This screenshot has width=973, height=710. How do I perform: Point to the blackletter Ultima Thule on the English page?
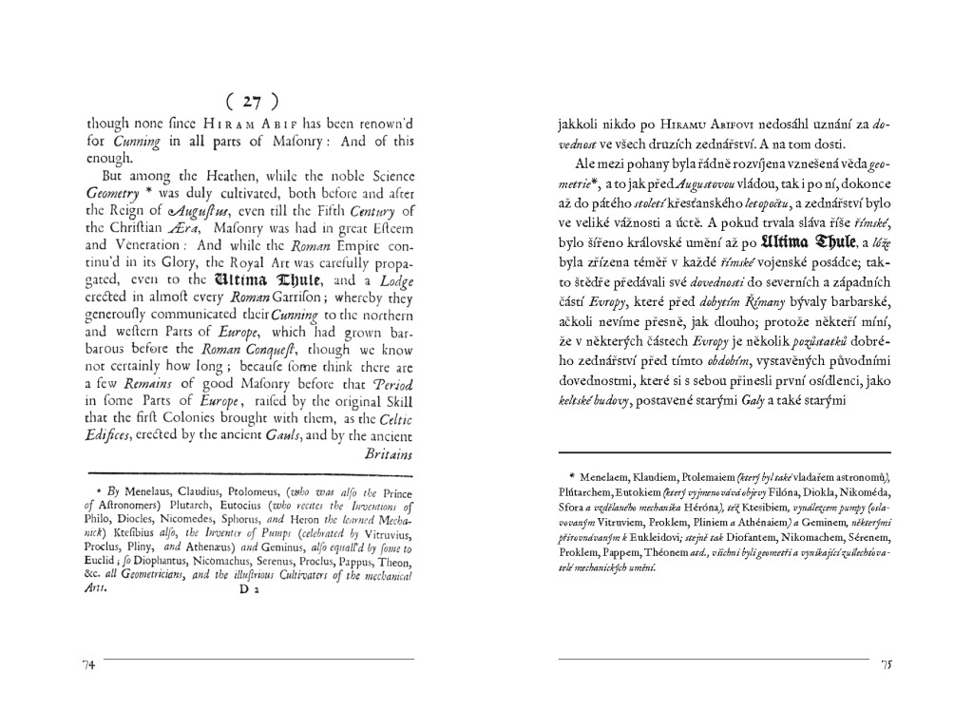pyautogui.click(x=265, y=280)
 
